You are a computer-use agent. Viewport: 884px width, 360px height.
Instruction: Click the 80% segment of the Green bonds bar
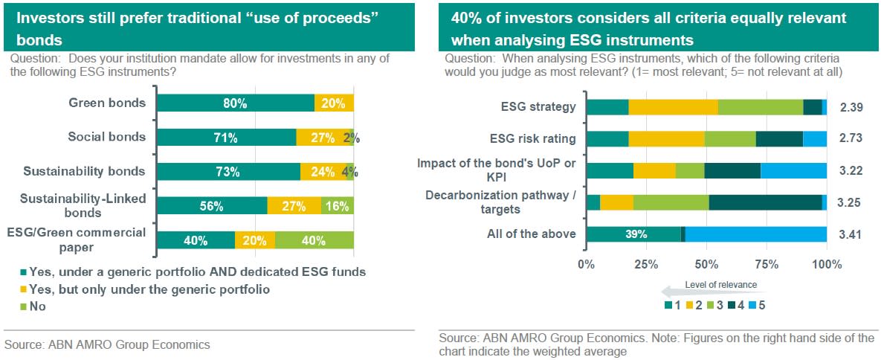coord(236,103)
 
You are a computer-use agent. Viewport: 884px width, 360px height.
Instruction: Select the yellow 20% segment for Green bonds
coord(334,103)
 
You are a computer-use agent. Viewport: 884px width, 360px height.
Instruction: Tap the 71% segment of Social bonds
coord(227,138)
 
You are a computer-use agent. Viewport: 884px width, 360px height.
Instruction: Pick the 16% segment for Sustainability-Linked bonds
coord(338,206)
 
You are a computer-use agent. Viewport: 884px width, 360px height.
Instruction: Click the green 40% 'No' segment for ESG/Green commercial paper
coord(314,240)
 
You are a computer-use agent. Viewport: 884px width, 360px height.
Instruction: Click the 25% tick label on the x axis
coord(646,264)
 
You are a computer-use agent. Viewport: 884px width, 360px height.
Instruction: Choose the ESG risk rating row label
coord(532,138)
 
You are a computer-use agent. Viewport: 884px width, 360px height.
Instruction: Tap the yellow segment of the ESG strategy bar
coord(673,107)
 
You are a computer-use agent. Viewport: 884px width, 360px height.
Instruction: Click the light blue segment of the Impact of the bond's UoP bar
coord(793,170)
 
